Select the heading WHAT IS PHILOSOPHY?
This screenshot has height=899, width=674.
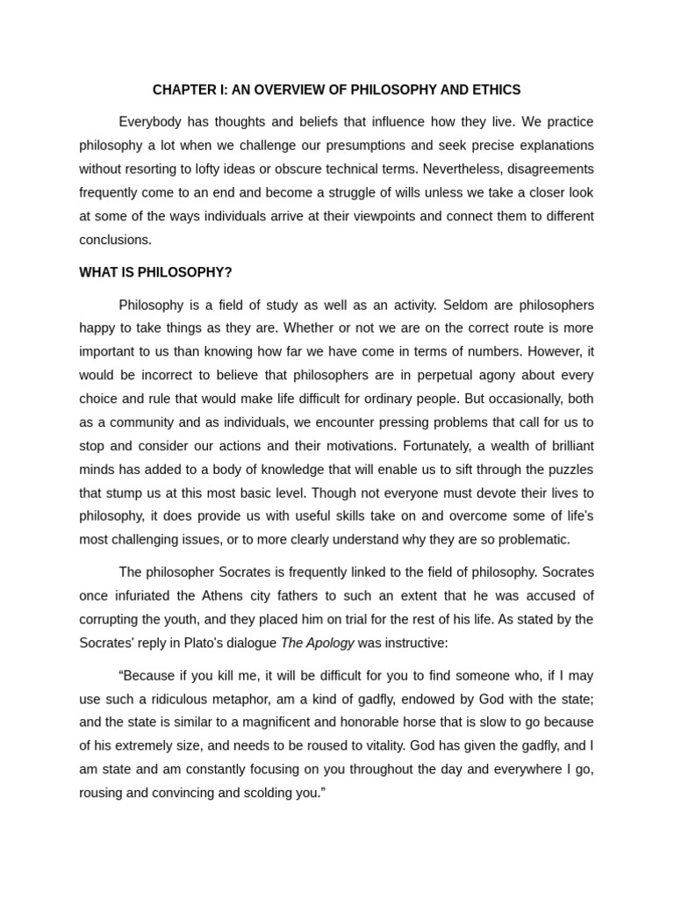pos(155,272)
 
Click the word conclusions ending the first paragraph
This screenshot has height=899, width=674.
pos(115,240)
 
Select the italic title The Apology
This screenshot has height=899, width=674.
pos(317,643)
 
